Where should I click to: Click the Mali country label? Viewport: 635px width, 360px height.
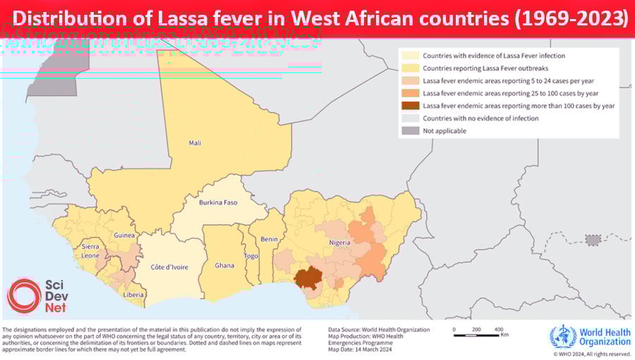point(195,143)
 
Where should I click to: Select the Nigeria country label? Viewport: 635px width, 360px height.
point(339,243)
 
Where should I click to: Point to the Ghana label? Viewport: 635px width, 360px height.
point(224,265)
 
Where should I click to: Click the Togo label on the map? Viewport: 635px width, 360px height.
point(251,256)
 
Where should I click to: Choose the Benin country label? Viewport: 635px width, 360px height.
point(269,239)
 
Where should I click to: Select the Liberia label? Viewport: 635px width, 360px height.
point(134,294)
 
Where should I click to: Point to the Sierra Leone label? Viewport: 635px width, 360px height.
point(91,251)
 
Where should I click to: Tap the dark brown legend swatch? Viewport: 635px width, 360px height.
point(410,105)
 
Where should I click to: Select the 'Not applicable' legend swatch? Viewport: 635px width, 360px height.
point(410,131)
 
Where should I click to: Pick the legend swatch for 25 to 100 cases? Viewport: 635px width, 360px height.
point(410,92)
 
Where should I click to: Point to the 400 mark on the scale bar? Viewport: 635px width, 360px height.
point(498,329)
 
